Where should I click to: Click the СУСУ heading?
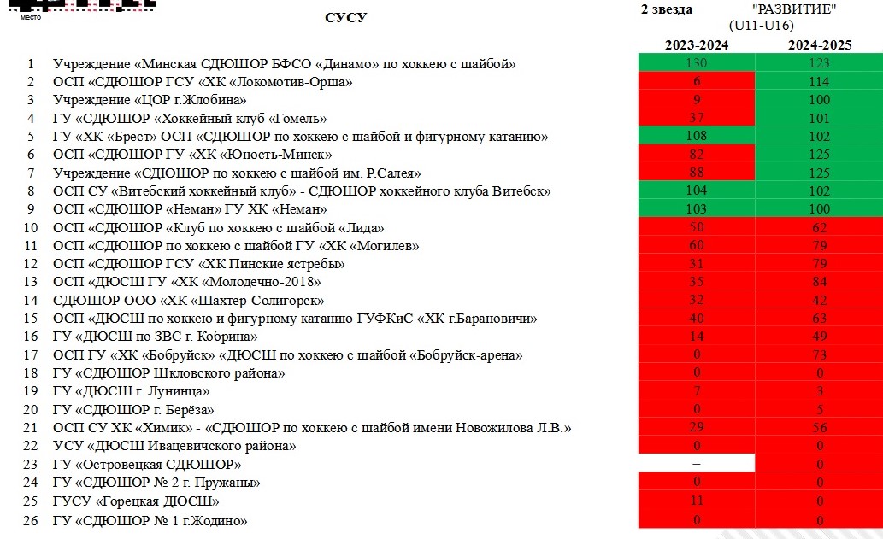[x=345, y=18]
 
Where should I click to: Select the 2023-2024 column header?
[x=697, y=44]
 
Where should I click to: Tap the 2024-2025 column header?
[x=819, y=44]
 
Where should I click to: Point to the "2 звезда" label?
[x=667, y=9]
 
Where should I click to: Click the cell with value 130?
[x=697, y=64]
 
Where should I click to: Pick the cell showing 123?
[x=819, y=64]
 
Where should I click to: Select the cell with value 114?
[x=819, y=82]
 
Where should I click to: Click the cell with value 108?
[x=697, y=137]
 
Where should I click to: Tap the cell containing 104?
[x=697, y=191]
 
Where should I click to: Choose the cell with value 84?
[x=819, y=282]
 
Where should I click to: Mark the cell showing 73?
[x=819, y=354]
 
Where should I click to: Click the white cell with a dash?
[x=697, y=463]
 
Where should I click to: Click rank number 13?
[x=31, y=282]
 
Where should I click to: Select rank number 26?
[x=31, y=520]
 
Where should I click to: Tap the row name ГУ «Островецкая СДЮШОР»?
[x=147, y=465]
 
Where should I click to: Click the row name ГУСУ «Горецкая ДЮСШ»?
[x=135, y=501]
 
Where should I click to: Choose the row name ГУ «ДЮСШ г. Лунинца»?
[x=131, y=392]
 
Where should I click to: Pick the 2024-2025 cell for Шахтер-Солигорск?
[x=819, y=300]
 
